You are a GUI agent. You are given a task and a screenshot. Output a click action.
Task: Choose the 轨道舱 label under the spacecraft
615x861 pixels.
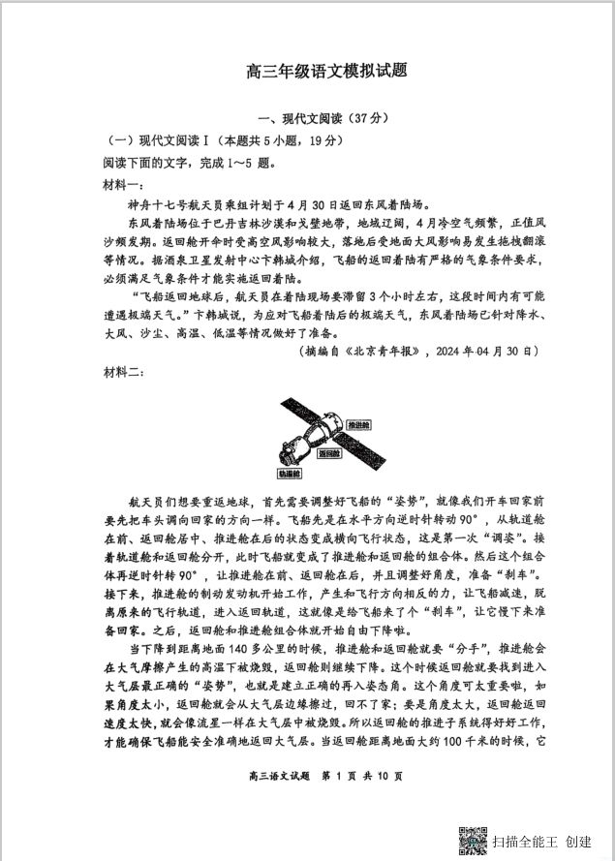pos(289,474)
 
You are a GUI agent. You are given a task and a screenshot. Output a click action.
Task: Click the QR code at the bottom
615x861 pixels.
pos(472,840)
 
